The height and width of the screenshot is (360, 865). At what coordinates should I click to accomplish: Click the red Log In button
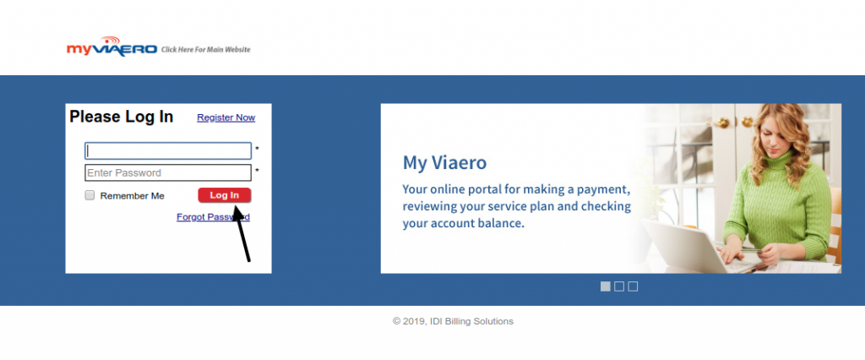(225, 195)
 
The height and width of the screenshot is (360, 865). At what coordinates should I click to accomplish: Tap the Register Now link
(226, 117)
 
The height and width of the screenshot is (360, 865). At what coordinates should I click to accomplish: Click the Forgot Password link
(213, 217)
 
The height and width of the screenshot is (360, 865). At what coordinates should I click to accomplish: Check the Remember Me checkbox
(90, 195)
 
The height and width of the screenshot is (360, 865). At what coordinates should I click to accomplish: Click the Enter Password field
(168, 173)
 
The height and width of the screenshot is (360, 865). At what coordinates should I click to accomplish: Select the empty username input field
(168, 150)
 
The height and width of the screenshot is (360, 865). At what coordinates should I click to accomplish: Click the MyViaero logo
(112, 47)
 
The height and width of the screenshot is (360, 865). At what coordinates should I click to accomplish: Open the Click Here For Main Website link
(206, 50)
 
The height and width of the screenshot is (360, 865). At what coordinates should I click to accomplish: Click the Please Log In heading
(122, 117)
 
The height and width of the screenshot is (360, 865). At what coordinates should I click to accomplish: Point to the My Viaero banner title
(444, 163)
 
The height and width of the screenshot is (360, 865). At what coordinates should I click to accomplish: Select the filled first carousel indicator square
(605, 286)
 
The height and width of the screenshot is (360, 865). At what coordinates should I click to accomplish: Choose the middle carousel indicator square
(619, 286)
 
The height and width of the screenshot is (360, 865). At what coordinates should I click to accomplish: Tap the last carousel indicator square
(633, 286)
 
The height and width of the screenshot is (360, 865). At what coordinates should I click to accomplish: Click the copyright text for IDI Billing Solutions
(453, 321)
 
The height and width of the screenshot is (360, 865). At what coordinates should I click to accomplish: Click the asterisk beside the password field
(257, 172)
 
